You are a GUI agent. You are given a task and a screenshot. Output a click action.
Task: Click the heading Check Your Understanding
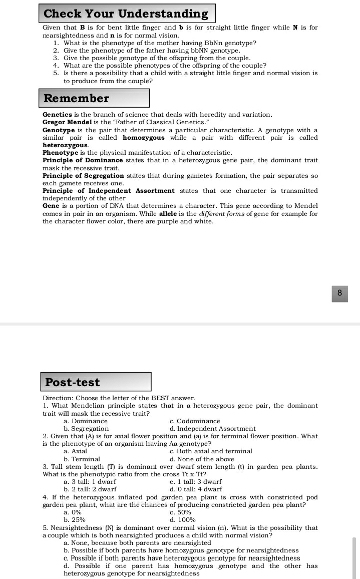pyautogui.click(x=126, y=14)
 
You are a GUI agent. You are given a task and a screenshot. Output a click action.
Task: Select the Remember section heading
pyautogui.click(x=77, y=98)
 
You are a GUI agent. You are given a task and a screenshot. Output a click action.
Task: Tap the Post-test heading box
pyautogui.click(x=73, y=382)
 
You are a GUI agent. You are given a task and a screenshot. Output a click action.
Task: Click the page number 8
pyautogui.click(x=339, y=294)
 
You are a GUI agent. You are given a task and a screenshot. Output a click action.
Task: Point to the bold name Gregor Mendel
pyautogui.click(x=63, y=122)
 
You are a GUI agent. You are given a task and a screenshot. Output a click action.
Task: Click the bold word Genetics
pyautogui.click(x=57, y=115)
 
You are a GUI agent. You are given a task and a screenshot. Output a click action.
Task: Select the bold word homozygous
pyautogui.click(x=143, y=137)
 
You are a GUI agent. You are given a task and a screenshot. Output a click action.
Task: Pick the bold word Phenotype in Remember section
pyautogui.click(x=60, y=152)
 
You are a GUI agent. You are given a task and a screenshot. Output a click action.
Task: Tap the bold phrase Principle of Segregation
pyautogui.click(x=83, y=176)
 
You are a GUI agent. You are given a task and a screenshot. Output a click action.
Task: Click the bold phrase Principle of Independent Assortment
pyautogui.click(x=109, y=191)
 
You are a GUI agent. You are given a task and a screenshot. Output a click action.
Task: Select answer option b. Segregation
pyautogui.click(x=86, y=429)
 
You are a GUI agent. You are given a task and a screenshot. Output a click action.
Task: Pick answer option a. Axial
pyautogui.click(x=76, y=451)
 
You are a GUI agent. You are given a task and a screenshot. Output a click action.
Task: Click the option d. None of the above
pyautogui.click(x=202, y=459)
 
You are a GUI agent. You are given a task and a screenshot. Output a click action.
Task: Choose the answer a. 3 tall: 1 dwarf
pyautogui.click(x=90, y=481)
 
